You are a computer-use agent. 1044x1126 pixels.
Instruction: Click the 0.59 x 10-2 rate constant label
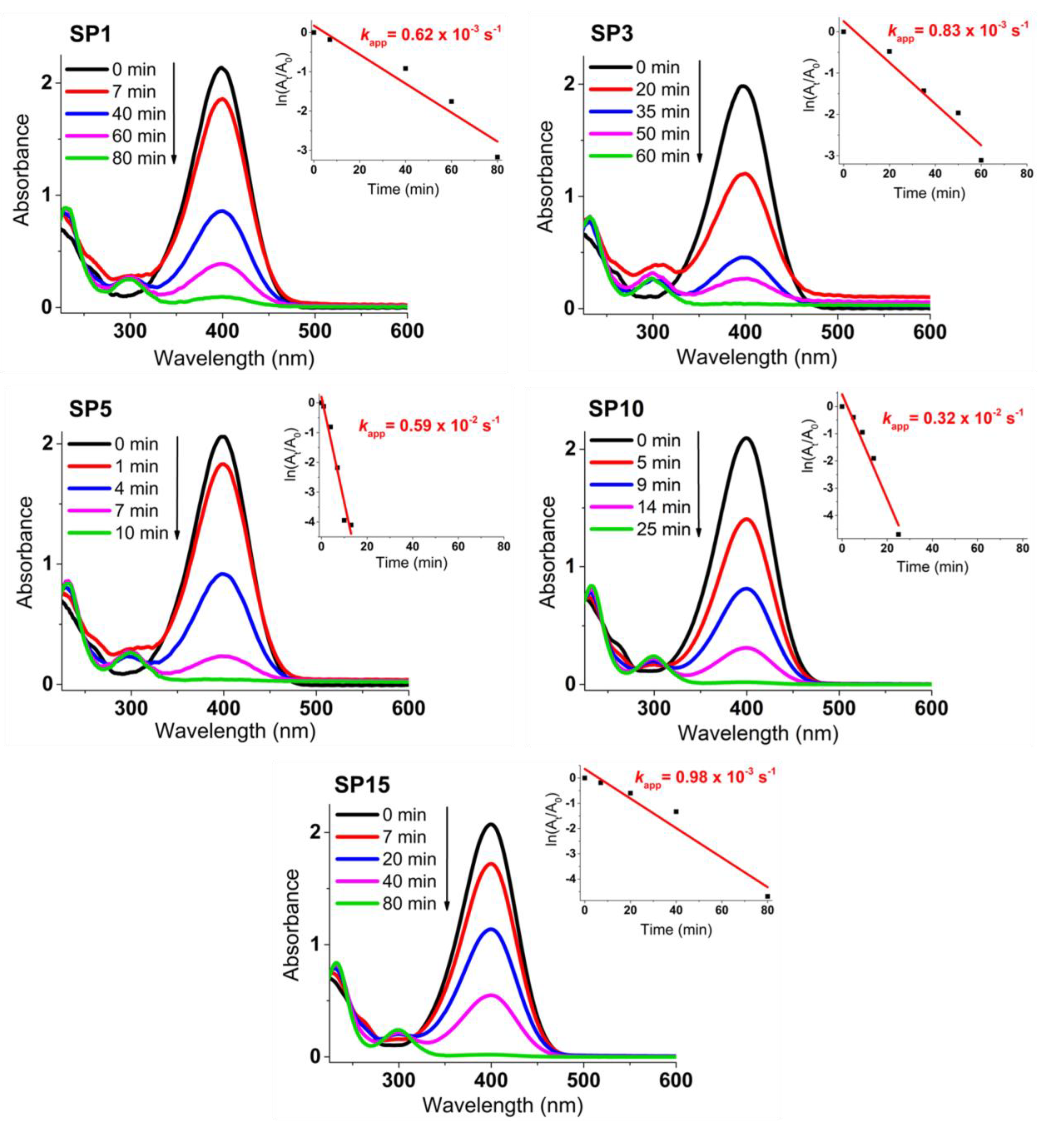(429, 424)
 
